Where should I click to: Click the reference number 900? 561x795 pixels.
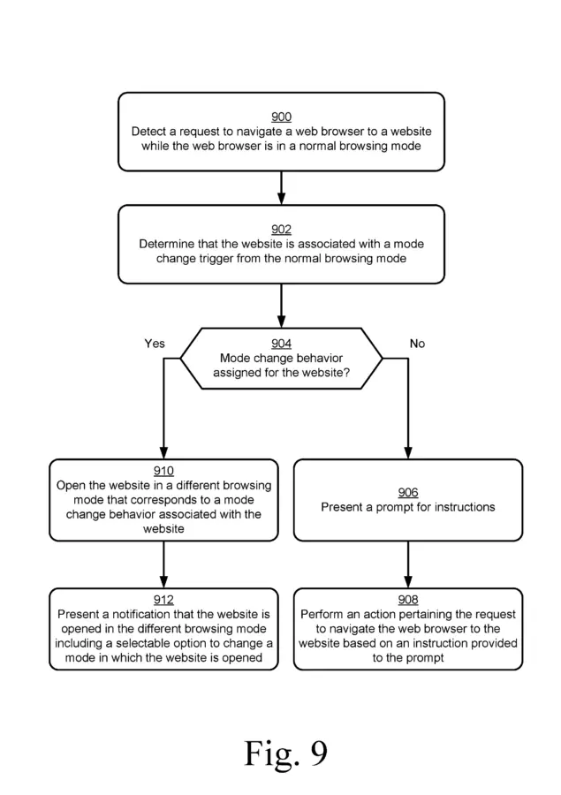click(281, 117)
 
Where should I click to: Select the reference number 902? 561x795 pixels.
click(281, 230)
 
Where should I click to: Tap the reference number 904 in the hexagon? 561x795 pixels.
click(281, 344)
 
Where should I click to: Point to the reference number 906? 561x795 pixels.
click(408, 492)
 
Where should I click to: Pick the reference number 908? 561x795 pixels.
click(408, 600)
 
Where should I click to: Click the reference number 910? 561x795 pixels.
click(163, 471)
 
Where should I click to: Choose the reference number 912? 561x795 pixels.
click(163, 600)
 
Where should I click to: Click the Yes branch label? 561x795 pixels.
click(155, 344)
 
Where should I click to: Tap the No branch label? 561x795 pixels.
click(417, 344)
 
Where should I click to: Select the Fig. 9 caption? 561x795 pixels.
click(286, 754)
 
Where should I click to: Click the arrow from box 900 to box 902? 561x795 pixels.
click(281, 188)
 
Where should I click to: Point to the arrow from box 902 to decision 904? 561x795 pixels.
click(281, 306)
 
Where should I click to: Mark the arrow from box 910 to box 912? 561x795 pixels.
click(163, 564)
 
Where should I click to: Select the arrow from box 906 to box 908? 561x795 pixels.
click(408, 564)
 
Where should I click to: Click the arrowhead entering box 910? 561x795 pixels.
click(163, 453)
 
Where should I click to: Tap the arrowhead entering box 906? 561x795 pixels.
click(408, 453)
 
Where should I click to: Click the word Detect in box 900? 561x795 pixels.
click(148, 132)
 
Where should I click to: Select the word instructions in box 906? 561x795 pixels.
click(460, 507)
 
